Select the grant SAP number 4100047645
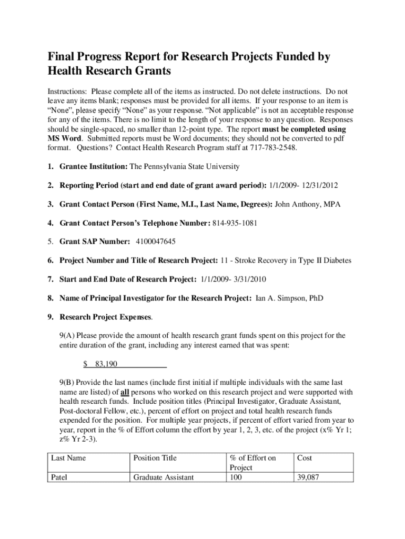pyautogui.click(x=155, y=242)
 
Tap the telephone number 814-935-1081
pyautogui.click(x=235, y=223)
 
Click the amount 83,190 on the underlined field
pyautogui.click(x=106, y=364)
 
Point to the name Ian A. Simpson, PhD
pyautogui.click(x=289, y=298)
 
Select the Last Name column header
pyautogui.click(x=68, y=458)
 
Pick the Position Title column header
pyautogui.click(x=155, y=458)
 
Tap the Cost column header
pyautogui.click(x=305, y=458)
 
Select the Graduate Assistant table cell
pyautogui.click(x=164, y=477)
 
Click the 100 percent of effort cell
pyautogui.click(x=236, y=477)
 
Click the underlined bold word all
pyautogui.click(x=125, y=392)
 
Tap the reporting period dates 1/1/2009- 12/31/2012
pyautogui.click(x=303, y=185)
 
